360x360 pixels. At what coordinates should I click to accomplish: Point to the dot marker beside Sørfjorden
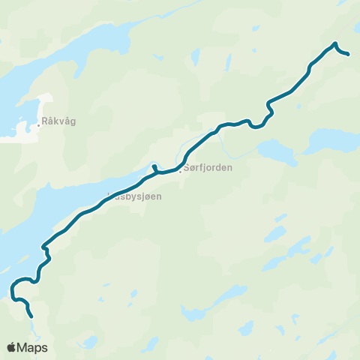tap(181, 169)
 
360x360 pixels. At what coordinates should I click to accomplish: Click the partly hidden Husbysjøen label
tap(134, 196)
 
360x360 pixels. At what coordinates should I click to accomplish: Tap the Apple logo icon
tap(11, 347)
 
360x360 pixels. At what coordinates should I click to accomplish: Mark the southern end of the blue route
tap(32, 317)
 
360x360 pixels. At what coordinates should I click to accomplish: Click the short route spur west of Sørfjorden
tap(153, 166)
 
